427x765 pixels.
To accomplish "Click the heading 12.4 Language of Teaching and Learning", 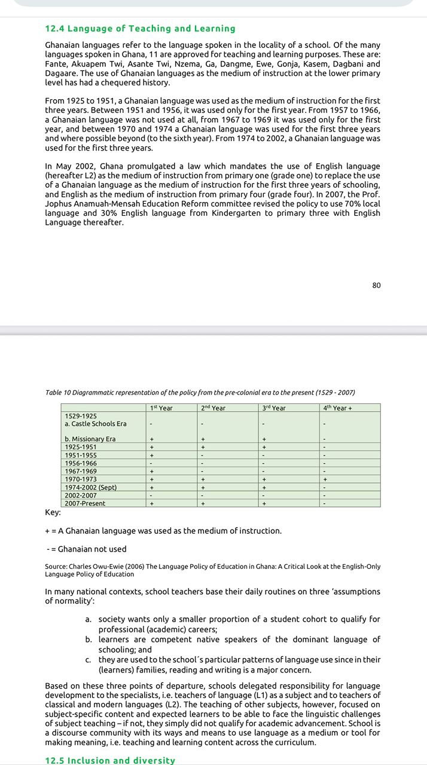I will click(x=140, y=29).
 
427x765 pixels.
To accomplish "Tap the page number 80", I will click(x=376, y=285).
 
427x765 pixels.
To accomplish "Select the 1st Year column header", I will click(x=161, y=408).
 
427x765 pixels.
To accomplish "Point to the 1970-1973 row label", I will click(x=81, y=479).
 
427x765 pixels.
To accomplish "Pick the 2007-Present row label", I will click(x=85, y=503).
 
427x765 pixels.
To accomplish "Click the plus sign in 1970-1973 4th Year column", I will click(x=325, y=479).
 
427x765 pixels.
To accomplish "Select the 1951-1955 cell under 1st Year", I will click(x=152, y=455).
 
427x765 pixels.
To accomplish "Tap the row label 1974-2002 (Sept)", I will click(x=90, y=487).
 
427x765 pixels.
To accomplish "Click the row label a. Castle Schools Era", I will click(x=96, y=424).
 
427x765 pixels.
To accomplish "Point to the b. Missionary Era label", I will click(x=90, y=439).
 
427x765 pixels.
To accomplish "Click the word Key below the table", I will click(x=53, y=512).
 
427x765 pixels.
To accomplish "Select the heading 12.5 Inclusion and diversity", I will click(x=110, y=760).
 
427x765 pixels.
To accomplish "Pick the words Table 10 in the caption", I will click(x=58, y=393).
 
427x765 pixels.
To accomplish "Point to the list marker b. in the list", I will click(x=89, y=639).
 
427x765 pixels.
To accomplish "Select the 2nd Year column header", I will click(x=213, y=408).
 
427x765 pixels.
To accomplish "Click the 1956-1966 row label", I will click(x=81, y=463).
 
